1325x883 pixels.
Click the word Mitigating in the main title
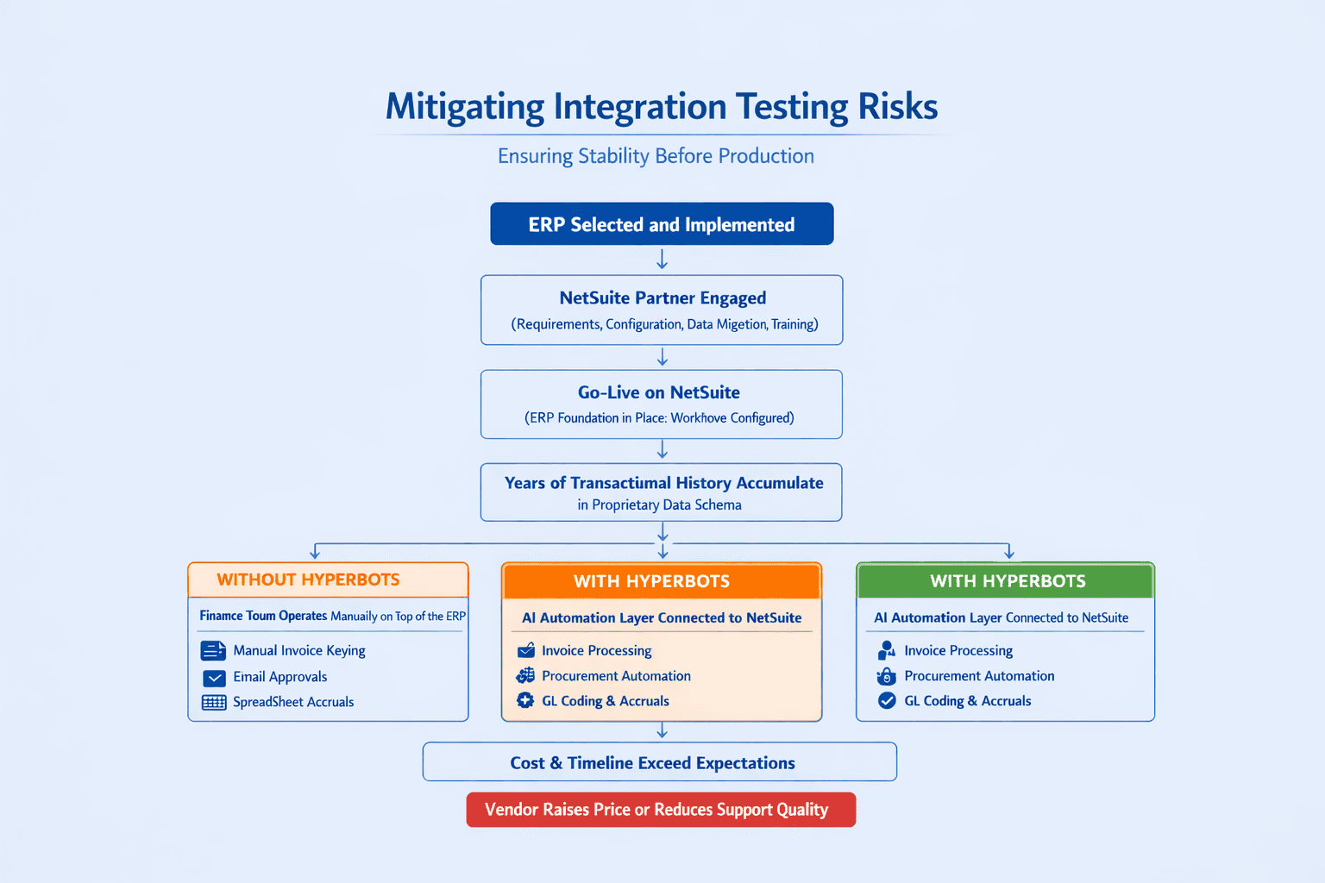coord(464,107)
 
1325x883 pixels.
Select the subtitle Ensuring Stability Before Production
coord(656,156)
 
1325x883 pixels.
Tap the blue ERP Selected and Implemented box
coord(662,224)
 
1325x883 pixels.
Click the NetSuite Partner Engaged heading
coord(662,298)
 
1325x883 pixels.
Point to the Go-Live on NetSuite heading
coord(659,392)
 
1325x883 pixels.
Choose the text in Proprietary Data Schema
coord(659,505)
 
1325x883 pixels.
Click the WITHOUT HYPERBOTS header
coord(308,579)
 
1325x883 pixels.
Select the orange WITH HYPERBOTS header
coord(652,581)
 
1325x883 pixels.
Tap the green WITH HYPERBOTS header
coord(1008,581)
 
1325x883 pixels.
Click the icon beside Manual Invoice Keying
coord(212,650)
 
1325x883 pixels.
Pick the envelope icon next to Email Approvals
coord(214,678)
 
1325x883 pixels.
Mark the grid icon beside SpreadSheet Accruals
coord(214,702)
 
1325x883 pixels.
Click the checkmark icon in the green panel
coord(887,701)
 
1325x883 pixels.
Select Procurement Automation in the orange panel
coord(616,676)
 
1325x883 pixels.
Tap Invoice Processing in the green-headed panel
coord(958,650)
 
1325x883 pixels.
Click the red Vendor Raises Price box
coord(661,810)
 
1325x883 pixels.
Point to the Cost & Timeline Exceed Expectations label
coord(652,763)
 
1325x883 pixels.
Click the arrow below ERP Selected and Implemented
coord(662,260)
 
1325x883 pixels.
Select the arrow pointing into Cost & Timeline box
coord(662,731)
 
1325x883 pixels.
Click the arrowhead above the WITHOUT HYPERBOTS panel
coord(315,553)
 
